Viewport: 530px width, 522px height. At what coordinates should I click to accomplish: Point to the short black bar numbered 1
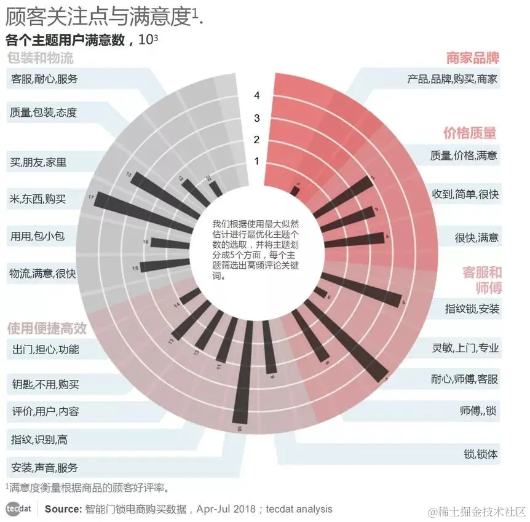(296, 191)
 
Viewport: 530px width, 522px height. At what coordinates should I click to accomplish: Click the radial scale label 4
(257, 96)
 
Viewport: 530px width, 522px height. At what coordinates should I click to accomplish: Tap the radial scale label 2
(257, 140)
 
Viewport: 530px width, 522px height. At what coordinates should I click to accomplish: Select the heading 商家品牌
(472, 58)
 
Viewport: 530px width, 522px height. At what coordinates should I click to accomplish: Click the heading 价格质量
(470, 133)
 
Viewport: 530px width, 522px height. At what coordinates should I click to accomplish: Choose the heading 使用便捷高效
(47, 328)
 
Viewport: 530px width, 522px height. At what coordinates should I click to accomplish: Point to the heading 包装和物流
(41, 58)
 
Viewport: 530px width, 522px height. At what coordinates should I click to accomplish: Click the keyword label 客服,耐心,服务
(44, 79)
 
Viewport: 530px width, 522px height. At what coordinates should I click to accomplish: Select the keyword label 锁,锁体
(481, 454)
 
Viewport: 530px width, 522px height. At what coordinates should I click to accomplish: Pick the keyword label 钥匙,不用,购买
(45, 385)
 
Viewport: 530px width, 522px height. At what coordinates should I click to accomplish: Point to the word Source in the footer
(63, 509)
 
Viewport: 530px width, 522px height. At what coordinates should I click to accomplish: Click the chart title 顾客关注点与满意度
(98, 17)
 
